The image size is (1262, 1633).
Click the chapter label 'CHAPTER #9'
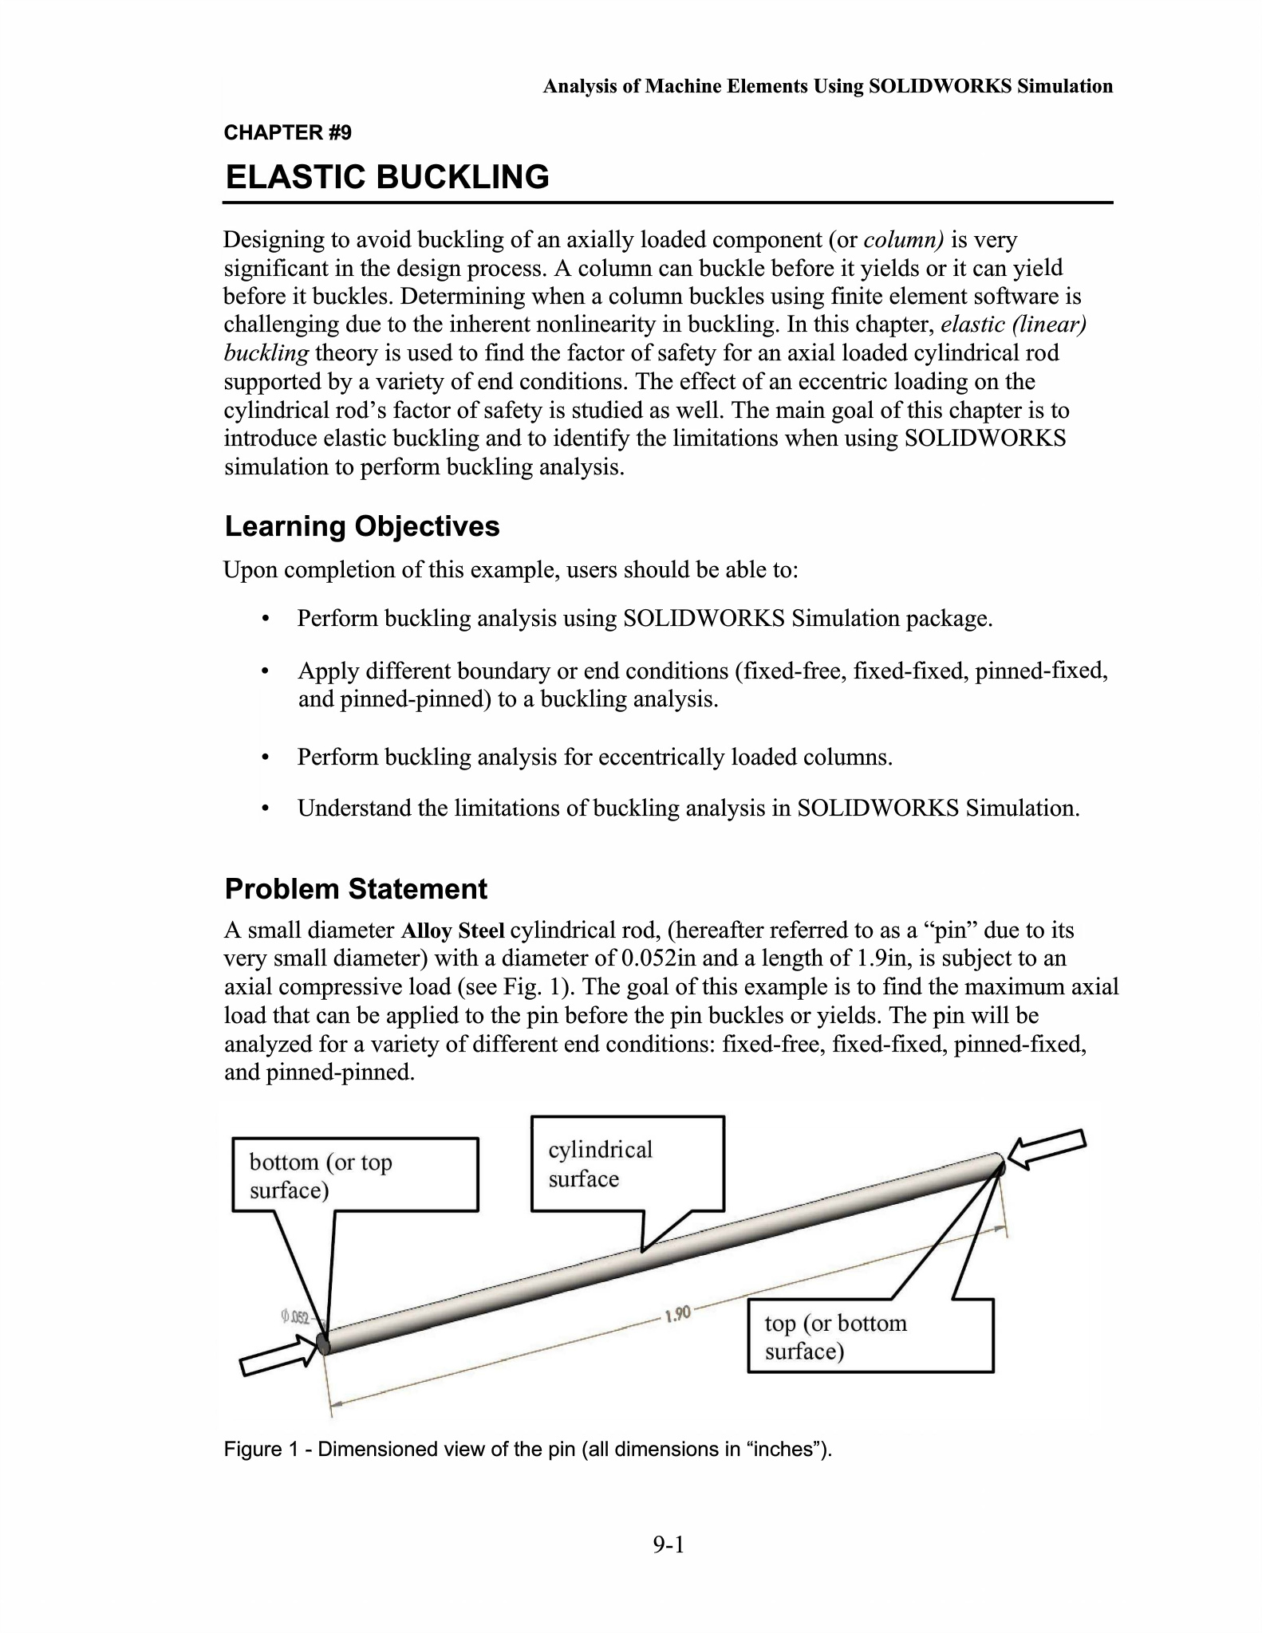tap(287, 132)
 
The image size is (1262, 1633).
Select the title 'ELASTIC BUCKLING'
tap(388, 177)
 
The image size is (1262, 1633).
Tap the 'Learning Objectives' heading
tap(362, 526)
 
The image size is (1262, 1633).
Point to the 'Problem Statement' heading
tap(356, 889)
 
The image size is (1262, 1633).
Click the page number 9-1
tap(668, 1545)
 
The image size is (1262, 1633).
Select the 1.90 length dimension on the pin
tap(677, 1314)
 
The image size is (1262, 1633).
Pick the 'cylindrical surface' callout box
tap(627, 1163)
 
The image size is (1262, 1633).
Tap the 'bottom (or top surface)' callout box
tap(355, 1175)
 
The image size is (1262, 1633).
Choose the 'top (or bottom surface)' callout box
tap(870, 1336)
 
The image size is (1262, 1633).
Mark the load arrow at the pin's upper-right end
tap(1047, 1148)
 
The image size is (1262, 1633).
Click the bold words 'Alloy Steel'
tap(452, 931)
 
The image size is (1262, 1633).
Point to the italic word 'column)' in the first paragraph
tap(904, 240)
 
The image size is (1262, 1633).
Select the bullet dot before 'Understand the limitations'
tap(266, 809)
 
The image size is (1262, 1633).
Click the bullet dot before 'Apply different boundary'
tap(266, 671)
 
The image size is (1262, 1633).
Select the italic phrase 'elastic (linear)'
tap(1013, 325)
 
